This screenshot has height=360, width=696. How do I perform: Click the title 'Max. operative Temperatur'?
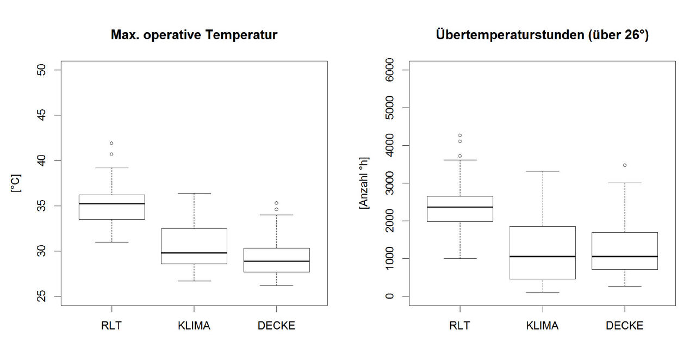click(194, 35)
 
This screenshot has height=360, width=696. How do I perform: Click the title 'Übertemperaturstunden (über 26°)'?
click(542, 35)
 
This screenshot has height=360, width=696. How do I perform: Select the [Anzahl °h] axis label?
click(363, 183)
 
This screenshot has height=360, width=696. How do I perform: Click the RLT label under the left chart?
click(111, 326)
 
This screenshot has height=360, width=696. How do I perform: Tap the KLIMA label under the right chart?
click(542, 326)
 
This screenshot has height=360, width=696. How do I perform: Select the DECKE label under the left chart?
click(276, 326)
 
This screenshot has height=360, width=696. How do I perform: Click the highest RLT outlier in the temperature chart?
click(111, 143)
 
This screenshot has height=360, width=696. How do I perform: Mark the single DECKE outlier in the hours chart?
click(625, 165)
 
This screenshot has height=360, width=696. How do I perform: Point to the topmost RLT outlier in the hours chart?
click(459, 135)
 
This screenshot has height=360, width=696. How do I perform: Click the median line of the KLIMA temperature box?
click(194, 253)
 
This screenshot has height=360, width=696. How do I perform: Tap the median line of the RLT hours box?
click(459, 207)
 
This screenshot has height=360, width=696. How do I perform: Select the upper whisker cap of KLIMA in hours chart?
click(542, 171)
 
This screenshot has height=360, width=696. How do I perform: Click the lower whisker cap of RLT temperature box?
click(111, 242)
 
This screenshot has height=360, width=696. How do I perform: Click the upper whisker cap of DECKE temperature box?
click(276, 215)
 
